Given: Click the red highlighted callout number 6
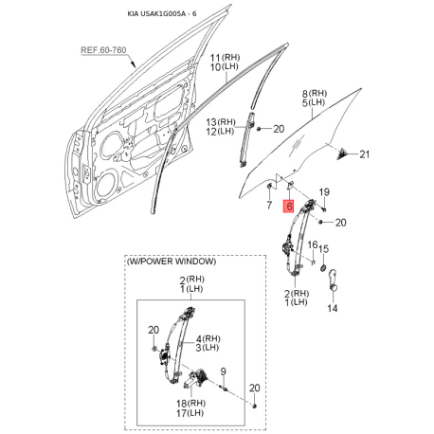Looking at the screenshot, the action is point(289,206).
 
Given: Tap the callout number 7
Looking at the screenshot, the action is point(269,205).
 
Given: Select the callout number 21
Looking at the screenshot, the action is point(365,154).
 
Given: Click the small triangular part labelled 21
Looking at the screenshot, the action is point(342,154).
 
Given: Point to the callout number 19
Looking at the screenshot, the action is point(324,192).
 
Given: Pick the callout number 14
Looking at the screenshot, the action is point(333,308).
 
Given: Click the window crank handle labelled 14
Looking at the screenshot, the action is point(333,280).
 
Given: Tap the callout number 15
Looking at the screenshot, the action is point(323,249).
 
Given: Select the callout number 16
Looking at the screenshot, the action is point(313,244).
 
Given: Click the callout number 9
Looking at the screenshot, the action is point(224,371).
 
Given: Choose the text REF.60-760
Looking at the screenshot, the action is point(103,50).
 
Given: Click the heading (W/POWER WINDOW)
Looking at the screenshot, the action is point(172,262).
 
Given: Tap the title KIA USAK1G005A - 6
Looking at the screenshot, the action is point(162,14).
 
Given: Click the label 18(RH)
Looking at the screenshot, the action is point(190,404).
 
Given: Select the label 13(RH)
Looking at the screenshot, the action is point(221,122).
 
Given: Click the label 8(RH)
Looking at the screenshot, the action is point(314,94).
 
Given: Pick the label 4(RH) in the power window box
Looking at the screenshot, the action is point(208,338).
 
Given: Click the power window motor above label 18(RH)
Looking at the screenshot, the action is point(195,378).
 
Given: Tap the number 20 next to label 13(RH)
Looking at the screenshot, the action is point(279,129).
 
